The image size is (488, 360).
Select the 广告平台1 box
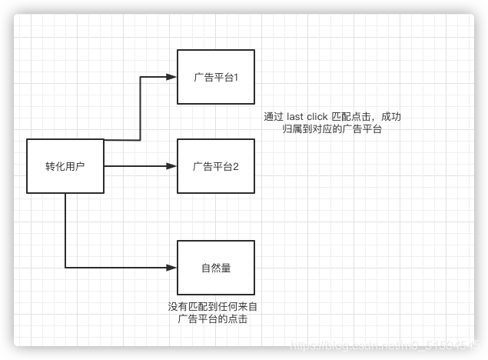216,77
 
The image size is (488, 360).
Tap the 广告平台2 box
216,166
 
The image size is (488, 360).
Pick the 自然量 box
216,268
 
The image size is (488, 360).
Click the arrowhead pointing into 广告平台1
171,77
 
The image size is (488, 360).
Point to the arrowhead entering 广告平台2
171,166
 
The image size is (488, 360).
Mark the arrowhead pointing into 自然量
171,268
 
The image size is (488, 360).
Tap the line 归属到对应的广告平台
333,130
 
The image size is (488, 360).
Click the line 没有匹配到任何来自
213,306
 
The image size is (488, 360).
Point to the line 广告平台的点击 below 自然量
213,318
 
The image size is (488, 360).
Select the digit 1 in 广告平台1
237,78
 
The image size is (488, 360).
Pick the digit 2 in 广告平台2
237,166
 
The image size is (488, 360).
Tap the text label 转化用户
65,166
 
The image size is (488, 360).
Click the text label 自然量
216,268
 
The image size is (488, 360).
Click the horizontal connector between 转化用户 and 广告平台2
134,166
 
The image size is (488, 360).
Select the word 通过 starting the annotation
274,117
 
